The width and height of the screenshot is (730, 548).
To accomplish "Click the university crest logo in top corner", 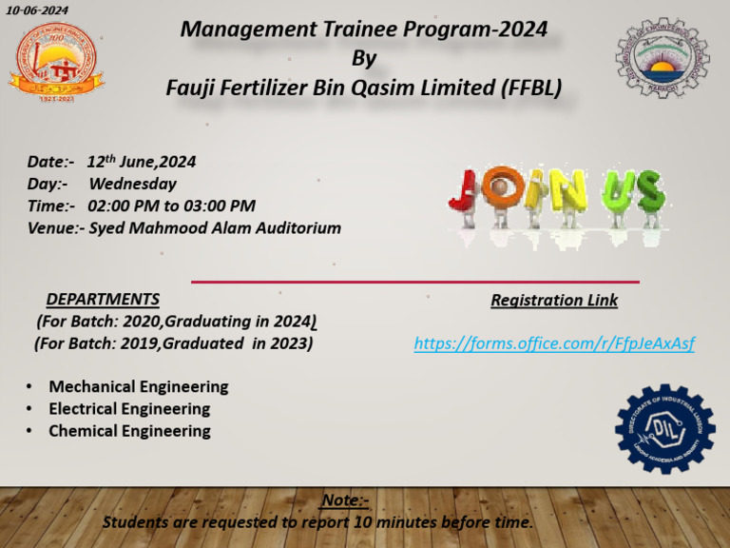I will [663, 58].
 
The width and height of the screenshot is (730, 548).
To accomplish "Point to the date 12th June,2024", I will [141, 162].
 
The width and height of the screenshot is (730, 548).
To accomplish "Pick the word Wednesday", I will [132, 184].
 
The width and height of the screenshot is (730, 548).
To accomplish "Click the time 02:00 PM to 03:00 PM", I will [171, 205].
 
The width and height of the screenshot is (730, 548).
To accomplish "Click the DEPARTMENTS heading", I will [103, 300].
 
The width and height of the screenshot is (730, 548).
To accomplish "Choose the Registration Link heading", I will [554, 301].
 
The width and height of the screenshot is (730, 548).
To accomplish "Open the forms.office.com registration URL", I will [554, 343].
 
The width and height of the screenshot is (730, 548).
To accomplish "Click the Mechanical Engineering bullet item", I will [138, 387].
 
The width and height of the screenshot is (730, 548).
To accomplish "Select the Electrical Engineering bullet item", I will [129, 409].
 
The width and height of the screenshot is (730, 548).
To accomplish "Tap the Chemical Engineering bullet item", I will [129, 431].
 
